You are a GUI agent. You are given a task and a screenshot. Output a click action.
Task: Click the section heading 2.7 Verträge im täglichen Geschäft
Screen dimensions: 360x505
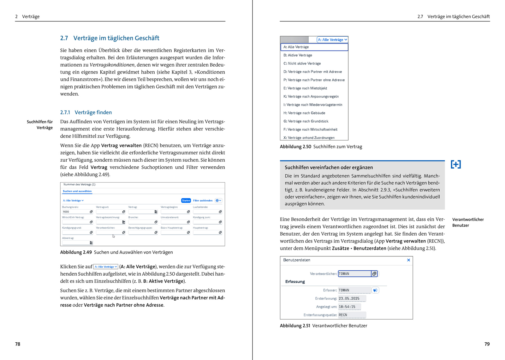point(110,38)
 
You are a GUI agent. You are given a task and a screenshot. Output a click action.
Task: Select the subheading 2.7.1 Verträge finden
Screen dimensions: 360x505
point(86,112)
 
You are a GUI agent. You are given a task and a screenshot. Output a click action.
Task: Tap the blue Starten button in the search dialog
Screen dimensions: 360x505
point(186,201)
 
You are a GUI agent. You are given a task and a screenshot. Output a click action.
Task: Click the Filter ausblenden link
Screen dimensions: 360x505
point(203,201)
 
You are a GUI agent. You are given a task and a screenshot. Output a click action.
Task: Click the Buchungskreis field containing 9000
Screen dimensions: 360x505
point(76,212)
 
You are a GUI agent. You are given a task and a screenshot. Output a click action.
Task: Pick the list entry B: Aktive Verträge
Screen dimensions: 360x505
point(298,55)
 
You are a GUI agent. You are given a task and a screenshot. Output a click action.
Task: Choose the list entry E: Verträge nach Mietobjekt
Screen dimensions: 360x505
point(305,88)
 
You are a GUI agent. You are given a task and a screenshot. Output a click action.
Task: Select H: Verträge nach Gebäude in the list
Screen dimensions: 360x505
point(304,113)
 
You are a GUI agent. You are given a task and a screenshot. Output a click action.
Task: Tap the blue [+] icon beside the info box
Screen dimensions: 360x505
point(456,164)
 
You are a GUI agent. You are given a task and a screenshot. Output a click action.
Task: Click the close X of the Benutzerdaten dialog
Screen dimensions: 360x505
point(408,260)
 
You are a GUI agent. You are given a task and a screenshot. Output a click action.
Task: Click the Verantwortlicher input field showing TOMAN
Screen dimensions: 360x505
point(354,274)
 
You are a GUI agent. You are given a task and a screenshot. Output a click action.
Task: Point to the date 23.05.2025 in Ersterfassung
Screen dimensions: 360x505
point(349,298)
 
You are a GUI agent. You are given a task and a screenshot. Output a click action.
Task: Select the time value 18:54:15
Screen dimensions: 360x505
point(347,307)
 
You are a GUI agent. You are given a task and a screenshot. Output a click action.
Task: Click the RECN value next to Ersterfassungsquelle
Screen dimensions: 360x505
point(343,315)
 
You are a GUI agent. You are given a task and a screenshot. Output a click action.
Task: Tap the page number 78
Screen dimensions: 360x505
point(18,344)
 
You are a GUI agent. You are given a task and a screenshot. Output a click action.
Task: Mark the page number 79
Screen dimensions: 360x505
point(487,344)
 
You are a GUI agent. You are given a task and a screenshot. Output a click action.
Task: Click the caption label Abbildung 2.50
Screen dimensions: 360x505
point(295,147)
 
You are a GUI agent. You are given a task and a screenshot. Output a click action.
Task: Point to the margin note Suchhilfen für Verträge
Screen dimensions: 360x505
point(40,125)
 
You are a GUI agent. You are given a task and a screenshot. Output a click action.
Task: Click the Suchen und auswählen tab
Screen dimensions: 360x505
point(77,191)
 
